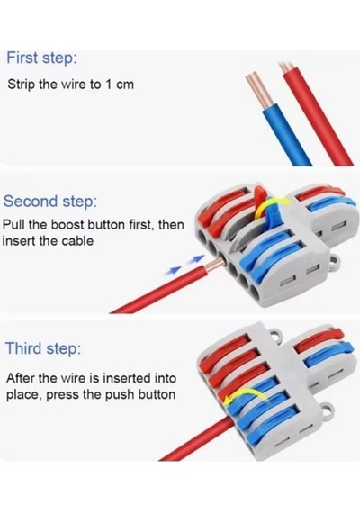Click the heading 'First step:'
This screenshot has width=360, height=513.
coord(41,58)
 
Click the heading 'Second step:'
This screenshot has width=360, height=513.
coord(50,201)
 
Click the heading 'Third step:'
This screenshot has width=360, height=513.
coord(43,347)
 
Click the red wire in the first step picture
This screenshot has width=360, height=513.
coord(317,114)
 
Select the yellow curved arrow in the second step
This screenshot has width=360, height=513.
coord(271,204)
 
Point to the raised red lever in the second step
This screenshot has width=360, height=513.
coord(258,200)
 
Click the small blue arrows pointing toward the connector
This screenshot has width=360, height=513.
coord(184,265)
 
